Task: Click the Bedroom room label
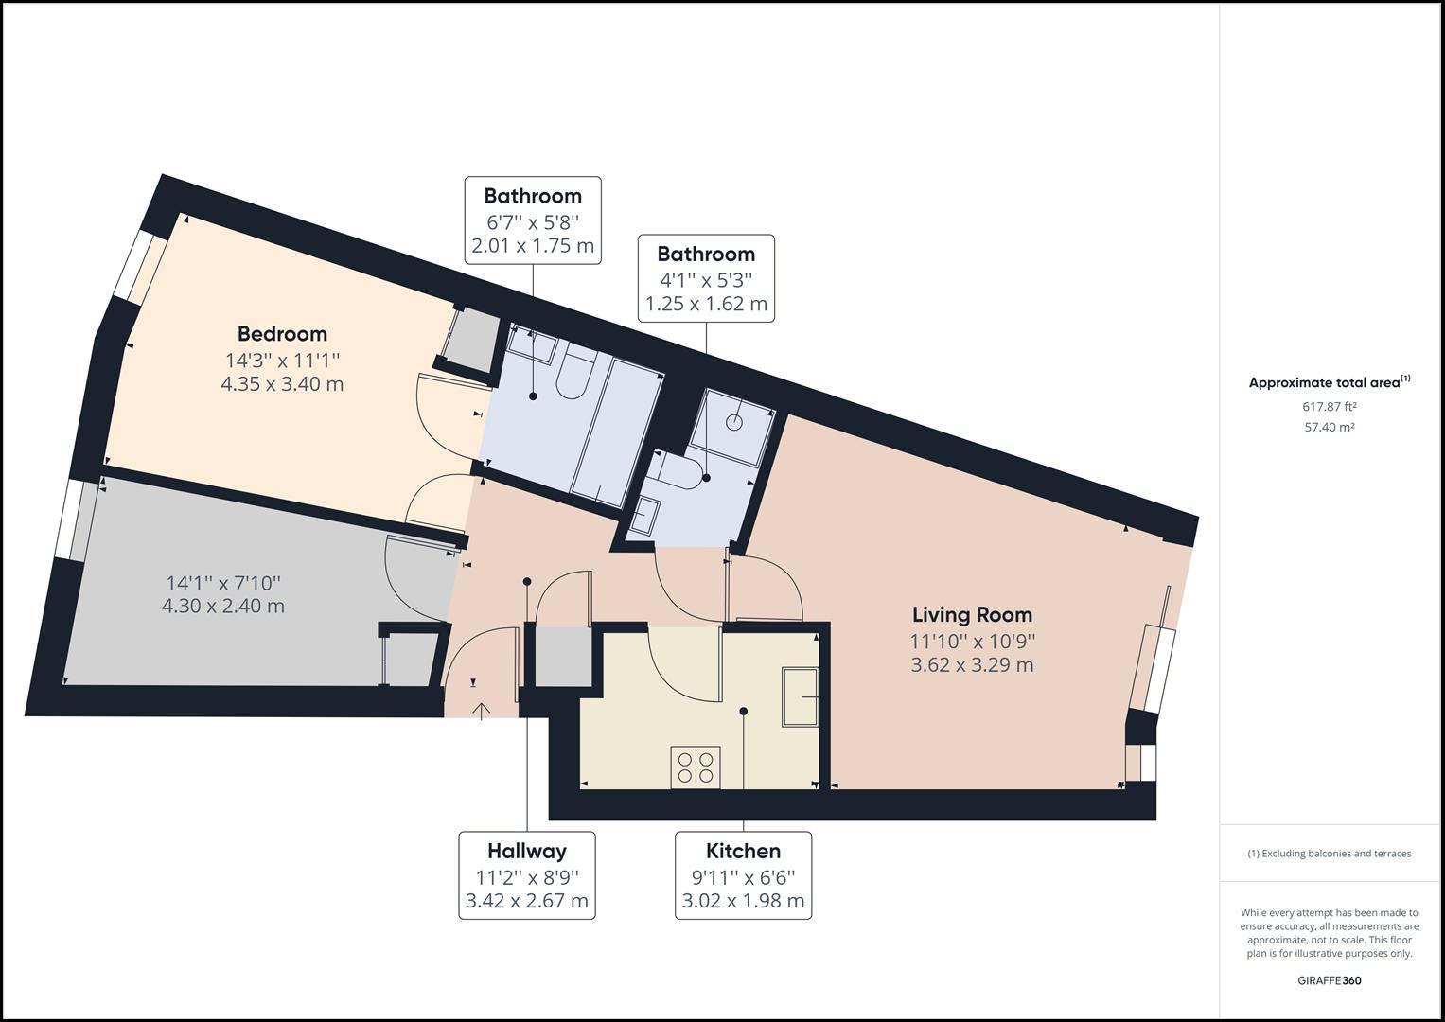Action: pyautogui.click(x=282, y=334)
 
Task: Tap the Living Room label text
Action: pyautogui.click(x=972, y=615)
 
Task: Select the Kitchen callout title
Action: pyautogui.click(x=743, y=851)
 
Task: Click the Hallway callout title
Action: pyautogui.click(x=526, y=851)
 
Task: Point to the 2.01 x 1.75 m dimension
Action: pyautogui.click(x=533, y=247)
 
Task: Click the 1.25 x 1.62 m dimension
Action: pyautogui.click(x=706, y=305)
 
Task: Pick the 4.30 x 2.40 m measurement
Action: pyautogui.click(x=223, y=606)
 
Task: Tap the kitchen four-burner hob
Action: pyautogui.click(x=696, y=766)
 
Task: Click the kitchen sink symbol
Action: pyautogui.click(x=800, y=697)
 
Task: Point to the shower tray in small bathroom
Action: pyautogui.click(x=733, y=428)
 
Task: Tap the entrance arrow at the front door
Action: pyautogui.click(x=481, y=710)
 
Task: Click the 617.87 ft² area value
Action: pyautogui.click(x=1329, y=407)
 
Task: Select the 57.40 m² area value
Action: pyautogui.click(x=1329, y=428)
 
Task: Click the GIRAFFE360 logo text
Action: pyautogui.click(x=1329, y=980)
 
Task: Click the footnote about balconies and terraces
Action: pyautogui.click(x=1329, y=854)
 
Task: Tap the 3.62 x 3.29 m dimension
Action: pyautogui.click(x=972, y=665)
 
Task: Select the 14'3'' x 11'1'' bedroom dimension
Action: pyautogui.click(x=282, y=360)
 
